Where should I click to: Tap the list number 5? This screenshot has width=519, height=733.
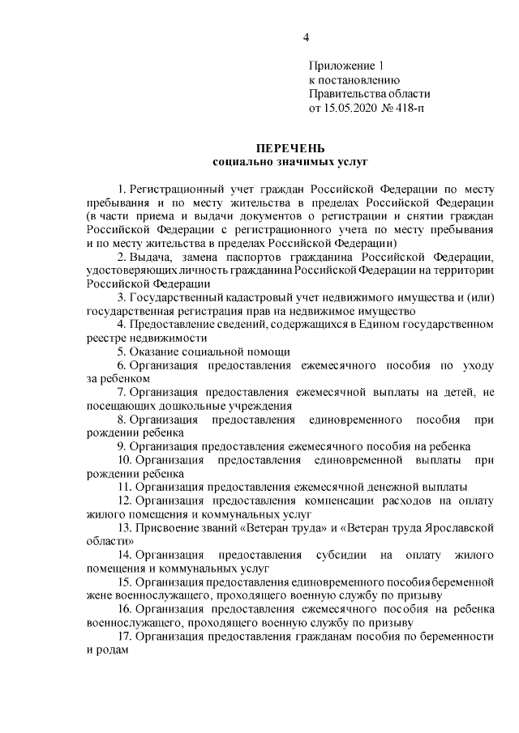coord(121,352)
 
